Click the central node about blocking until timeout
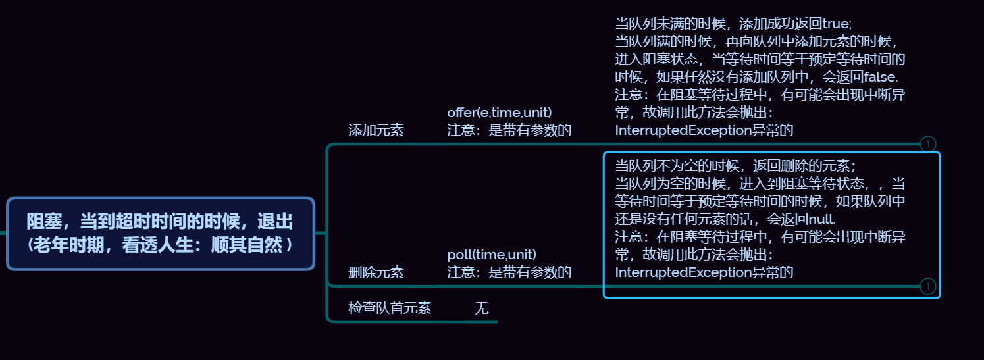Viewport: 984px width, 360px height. click(x=161, y=233)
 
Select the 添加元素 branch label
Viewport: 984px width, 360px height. click(x=376, y=130)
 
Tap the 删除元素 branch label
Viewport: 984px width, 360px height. click(x=376, y=272)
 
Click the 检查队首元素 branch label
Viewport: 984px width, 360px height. click(x=390, y=307)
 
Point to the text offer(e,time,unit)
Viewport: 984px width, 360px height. click(x=500, y=113)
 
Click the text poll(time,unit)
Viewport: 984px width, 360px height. click(x=492, y=255)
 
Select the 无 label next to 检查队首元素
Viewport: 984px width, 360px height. click(x=482, y=307)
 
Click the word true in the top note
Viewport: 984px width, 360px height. click(x=837, y=24)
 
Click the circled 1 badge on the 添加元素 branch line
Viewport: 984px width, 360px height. click(x=927, y=143)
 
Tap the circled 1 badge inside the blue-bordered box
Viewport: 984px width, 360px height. click(x=927, y=286)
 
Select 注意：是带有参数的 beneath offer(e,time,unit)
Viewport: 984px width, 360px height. click(x=509, y=130)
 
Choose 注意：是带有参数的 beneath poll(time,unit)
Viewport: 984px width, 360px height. click(x=509, y=272)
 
